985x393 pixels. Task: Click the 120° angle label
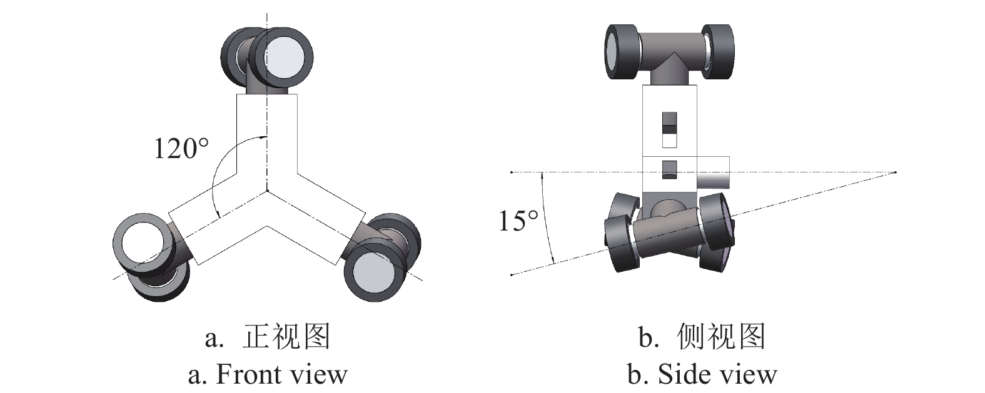click(x=181, y=149)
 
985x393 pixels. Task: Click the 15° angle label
click(x=518, y=221)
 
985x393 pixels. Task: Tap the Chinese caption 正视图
click(x=286, y=337)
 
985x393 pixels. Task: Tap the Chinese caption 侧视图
click(x=721, y=337)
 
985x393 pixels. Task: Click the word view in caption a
click(x=321, y=374)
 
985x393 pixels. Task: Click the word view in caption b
click(x=751, y=374)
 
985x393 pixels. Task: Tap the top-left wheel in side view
click(x=622, y=52)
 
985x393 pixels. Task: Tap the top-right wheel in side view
click(x=717, y=51)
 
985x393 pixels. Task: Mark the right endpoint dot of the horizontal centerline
click(x=896, y=172)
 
